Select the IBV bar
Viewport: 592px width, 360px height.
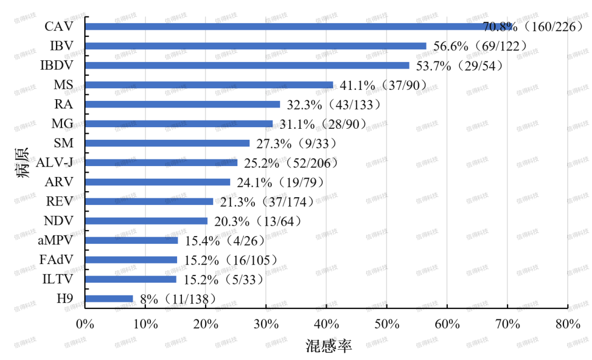point(255,46)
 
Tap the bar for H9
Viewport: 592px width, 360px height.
point(109,299)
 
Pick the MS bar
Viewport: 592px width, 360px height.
point(209,85)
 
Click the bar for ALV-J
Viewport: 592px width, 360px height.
point(161,163)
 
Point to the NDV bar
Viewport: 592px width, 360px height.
point(146,221)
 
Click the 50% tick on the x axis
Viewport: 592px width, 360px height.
point(386,324)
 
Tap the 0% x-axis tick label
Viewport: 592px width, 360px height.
point(85,324)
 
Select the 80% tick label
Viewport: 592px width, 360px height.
point(567,324)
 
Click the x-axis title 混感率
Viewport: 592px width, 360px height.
point(328,346)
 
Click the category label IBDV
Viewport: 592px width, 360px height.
point(56,66)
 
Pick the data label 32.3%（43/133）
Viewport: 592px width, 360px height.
point(331,105)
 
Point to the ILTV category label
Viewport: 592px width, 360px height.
point(58,279)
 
